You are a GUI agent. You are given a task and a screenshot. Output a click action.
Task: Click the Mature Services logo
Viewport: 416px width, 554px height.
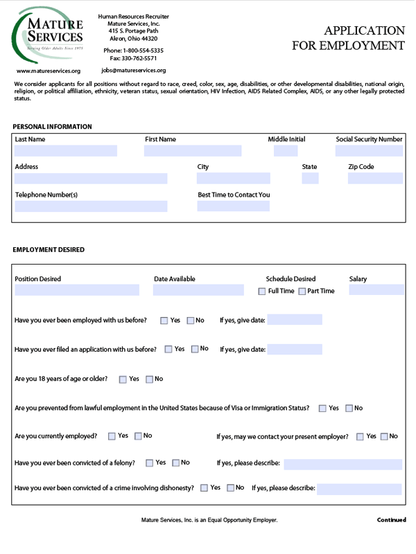click(49, 35)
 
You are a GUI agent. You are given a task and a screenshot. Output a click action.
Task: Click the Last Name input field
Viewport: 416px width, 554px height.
click(66, 151)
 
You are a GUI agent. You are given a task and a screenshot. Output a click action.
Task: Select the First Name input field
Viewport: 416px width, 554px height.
click(193, 151)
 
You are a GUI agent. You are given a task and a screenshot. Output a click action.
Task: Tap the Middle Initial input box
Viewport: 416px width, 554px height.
click(286, 151)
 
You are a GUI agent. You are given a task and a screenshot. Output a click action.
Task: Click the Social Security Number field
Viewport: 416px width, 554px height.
click(369, 151)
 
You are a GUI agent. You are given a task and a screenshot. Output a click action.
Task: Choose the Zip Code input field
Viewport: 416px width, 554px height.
click(375, 179)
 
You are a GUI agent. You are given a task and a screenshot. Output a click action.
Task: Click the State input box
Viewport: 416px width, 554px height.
click(310, 179)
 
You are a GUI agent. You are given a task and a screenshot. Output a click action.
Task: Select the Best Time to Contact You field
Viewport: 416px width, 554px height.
click(233, 206)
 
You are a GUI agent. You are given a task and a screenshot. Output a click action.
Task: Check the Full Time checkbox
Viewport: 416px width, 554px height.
click(262, 292)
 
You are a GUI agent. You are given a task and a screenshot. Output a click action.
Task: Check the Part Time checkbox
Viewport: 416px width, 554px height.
click(302, 292)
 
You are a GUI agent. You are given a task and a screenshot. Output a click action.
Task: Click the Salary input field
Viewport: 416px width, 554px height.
click(376, 290)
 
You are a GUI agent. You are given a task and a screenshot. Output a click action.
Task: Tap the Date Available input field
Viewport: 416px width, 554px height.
click(198, 290)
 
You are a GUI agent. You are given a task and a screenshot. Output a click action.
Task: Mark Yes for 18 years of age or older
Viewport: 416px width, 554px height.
click(123, 379)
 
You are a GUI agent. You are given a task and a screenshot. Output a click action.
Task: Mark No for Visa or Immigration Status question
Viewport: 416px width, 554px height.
click(349, 409)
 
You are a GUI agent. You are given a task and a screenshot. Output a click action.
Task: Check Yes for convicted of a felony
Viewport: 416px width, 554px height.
click(150, 463)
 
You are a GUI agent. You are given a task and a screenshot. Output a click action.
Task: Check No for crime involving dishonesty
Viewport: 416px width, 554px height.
click(231, 488)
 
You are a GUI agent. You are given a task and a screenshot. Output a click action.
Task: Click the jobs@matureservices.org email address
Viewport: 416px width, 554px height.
click(134, 71)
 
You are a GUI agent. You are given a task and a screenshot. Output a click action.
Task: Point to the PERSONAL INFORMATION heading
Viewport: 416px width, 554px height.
click(52, 127)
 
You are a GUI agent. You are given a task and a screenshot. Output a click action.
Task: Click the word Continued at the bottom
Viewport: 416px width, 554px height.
click(390, 519)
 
